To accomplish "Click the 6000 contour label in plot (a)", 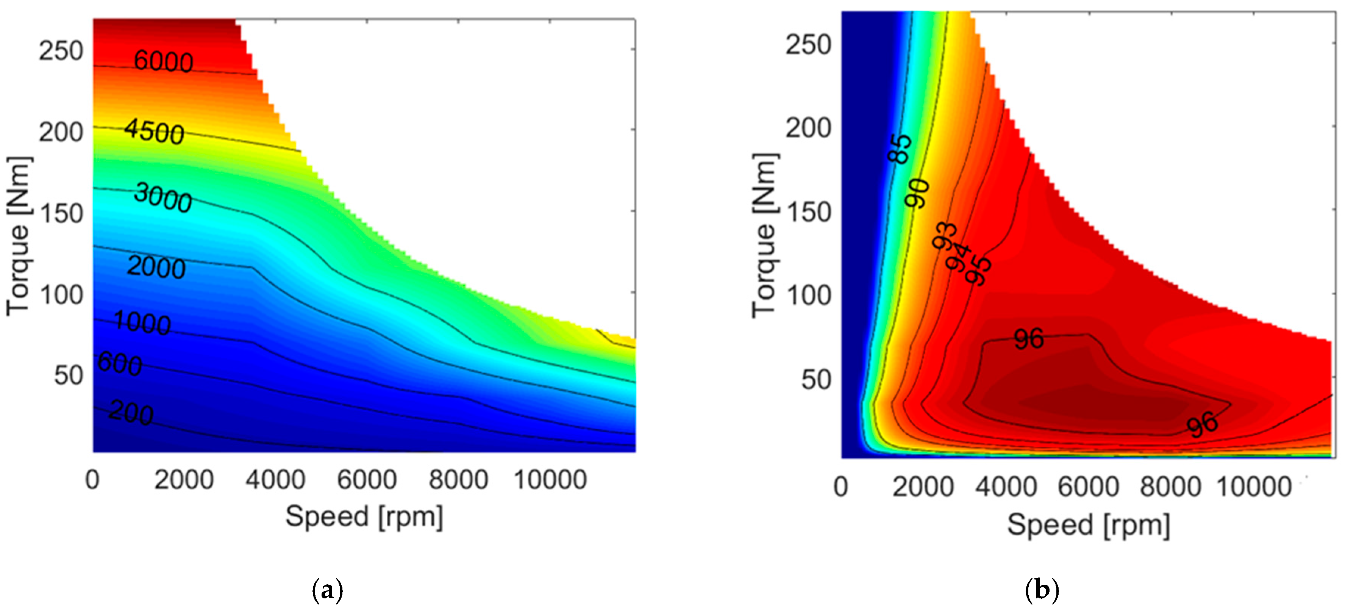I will (x=163, y=61).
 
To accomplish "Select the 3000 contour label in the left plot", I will (x=163, y=198).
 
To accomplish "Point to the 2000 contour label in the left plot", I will (x=156, y=267).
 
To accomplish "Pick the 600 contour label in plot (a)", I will (x=120, y=364).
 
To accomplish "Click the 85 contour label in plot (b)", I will (x=900, y=149).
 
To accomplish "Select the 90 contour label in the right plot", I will (x=917, y=193).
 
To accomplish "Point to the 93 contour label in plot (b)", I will (x=945, y=236).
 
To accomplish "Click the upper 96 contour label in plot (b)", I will (x=1029, y=339).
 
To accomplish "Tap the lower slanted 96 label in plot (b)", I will (x=1203, y=424).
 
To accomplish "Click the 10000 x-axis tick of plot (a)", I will (x=550, y=479).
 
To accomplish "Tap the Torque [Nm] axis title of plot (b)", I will (x=765, y=236).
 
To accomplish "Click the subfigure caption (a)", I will (x=328, y=590).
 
